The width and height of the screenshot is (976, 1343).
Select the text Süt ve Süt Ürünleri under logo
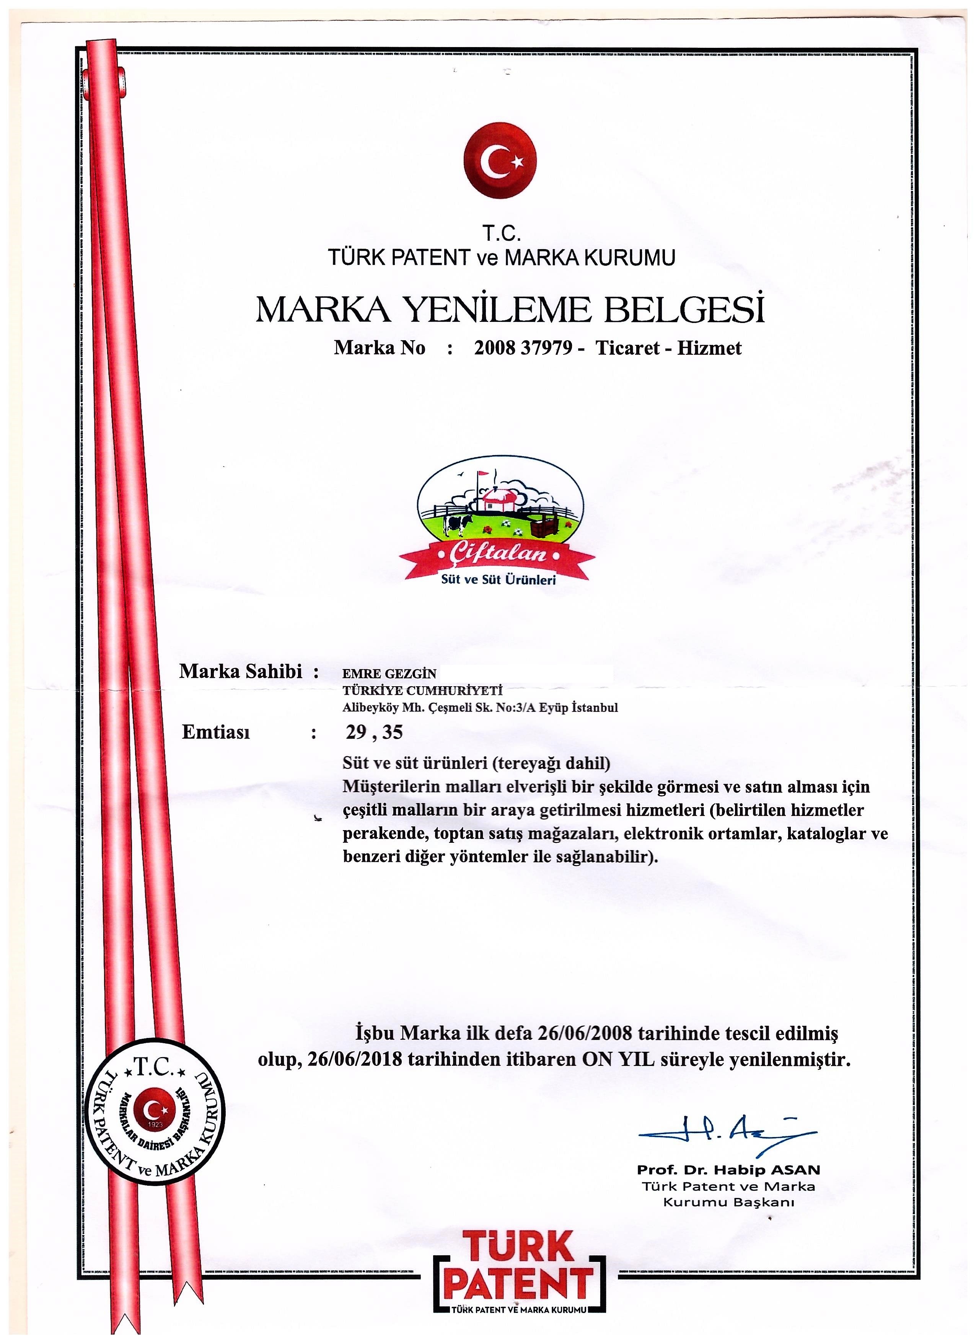click(x=499, y=580)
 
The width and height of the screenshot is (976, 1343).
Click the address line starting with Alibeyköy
click(x=480, y=708)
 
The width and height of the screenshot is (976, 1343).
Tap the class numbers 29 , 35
click(x=374, y=733)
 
